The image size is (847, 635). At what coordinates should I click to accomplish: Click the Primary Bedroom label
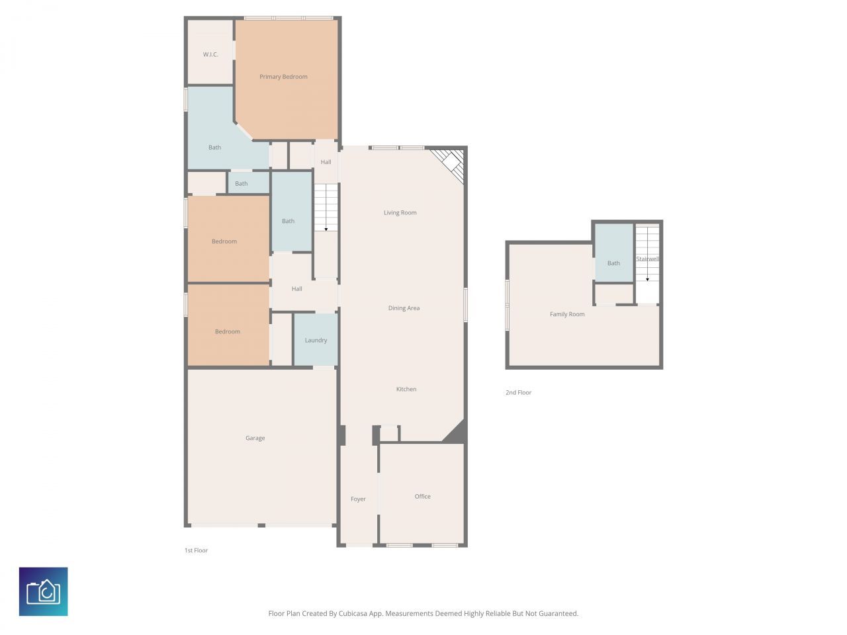point(283,77)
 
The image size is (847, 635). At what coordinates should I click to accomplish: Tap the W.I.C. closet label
point(210,54)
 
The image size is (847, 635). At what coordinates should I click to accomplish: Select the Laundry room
point(316,340)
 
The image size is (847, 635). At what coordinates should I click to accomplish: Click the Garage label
point(255,438)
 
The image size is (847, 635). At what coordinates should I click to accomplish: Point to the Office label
point(422,496)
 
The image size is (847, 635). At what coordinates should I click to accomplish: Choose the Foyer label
point(358,499)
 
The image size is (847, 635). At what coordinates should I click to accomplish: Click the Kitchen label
point(406,389)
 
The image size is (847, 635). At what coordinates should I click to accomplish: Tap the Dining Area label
point(404,308)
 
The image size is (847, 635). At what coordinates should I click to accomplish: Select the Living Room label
point(400,213)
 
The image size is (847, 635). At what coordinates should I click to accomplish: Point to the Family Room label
point(567,314)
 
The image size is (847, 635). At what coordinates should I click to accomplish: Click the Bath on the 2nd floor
point(613,263)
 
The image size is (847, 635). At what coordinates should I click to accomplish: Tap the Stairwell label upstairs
point(647,259)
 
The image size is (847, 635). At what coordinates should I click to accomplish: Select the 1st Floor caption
point(196,550)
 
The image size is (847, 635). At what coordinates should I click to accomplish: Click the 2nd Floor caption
point(518,393)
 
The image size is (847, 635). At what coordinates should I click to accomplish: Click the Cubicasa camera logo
point(43,591)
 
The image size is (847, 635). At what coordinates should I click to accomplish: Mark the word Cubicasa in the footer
point(353,614)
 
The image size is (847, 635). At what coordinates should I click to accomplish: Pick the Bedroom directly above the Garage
point(227,331)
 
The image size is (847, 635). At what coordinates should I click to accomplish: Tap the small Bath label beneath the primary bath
point(242,184)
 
